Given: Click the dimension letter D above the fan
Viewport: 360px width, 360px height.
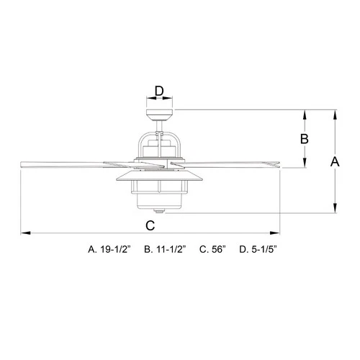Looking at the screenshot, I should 160,91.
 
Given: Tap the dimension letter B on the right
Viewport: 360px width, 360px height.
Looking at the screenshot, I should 304,138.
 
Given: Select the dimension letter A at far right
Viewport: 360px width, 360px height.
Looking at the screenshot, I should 334,163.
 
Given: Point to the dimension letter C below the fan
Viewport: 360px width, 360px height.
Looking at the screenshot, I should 150,224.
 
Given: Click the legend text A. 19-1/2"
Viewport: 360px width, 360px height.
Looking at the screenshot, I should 108,250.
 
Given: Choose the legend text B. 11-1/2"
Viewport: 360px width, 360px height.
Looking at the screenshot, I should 165,250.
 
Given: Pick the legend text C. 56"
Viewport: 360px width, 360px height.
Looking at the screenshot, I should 213,250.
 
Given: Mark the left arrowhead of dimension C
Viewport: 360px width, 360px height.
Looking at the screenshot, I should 24,233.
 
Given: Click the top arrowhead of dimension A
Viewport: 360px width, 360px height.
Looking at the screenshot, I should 334,113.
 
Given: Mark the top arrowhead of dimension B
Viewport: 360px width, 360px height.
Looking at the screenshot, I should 305,113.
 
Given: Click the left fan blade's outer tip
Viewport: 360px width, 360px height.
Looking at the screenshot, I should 22,165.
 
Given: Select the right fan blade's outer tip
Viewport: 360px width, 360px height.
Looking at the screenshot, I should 277,165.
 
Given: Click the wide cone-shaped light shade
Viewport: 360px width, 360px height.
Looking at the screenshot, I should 159,176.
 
